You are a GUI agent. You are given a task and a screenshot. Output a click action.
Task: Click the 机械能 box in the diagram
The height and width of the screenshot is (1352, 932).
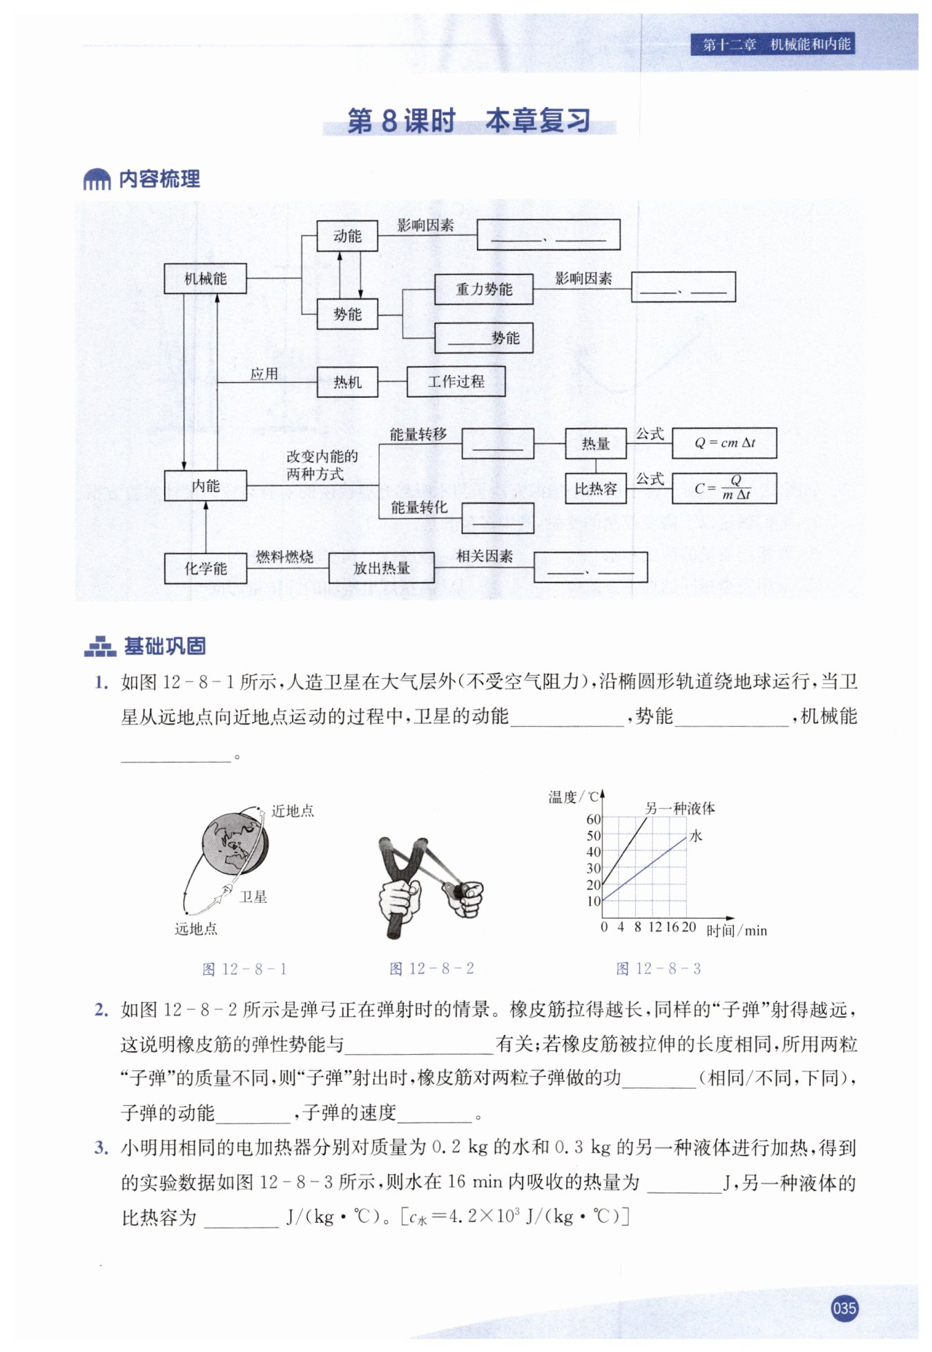[x=205, y=278]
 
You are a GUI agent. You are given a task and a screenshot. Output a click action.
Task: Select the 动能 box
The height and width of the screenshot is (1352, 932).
[x=347, y=236]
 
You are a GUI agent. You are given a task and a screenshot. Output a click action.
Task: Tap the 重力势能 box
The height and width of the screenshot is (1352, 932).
[x=483, y=289]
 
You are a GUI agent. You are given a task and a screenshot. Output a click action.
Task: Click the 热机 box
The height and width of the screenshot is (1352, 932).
[x=347, y=382]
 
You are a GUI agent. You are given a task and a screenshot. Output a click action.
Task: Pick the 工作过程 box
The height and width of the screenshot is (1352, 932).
[x=456, y=381]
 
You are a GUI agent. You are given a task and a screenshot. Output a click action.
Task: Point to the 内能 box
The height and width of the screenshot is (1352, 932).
[x=205, y=486]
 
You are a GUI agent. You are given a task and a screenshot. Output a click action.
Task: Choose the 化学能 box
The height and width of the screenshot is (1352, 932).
[x=205, y=568]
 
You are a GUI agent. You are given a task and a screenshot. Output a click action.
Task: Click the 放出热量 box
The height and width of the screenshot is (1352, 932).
[x=381, y=568]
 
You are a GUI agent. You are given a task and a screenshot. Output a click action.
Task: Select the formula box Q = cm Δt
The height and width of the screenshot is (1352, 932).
[x=724, y=443]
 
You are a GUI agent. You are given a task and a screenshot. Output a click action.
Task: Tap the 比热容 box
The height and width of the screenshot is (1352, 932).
[x=595, y=488]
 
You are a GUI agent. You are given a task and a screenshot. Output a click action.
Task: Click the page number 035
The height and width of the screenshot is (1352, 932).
[x=844, y=1308]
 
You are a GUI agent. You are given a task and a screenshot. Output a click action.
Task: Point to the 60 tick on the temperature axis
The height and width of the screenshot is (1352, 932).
[x=594, y=819]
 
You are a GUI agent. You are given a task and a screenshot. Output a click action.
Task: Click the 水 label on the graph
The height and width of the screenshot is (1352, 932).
[x=696, y=836]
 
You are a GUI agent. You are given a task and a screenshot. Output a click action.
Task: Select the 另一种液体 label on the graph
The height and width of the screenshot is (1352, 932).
[x=679, y=808]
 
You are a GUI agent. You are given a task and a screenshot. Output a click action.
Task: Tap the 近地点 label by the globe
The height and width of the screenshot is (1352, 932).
[x=293, y=811]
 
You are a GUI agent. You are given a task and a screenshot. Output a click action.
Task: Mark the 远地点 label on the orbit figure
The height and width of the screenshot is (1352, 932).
[x=196, y=929]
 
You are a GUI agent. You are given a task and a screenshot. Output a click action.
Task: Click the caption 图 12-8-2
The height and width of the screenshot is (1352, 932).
[x=431, y=969]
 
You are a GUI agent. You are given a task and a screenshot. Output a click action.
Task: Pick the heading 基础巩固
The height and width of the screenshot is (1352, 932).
[x=164, y=646]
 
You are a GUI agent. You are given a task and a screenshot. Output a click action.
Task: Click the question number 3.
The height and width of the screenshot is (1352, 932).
[x=101, y=1148]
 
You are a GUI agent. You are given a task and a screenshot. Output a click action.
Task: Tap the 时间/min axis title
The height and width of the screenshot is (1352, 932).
[x=737, y=931]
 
